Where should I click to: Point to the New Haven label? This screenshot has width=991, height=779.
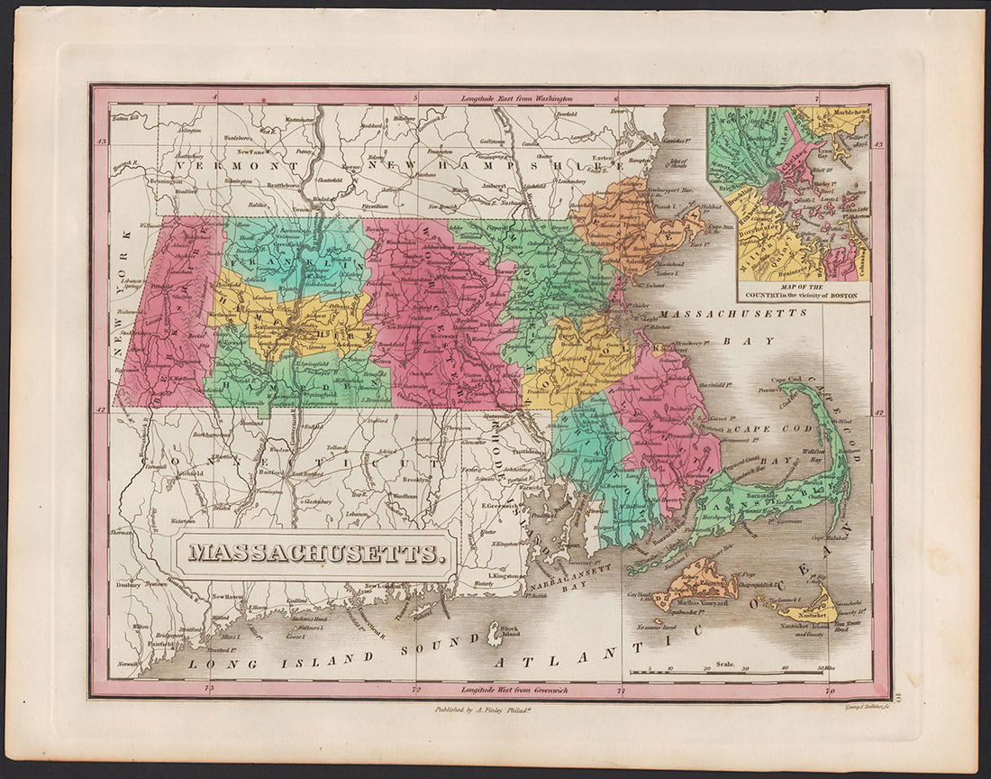tap(229, 597)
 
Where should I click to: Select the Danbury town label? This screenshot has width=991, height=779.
tap(127, 583)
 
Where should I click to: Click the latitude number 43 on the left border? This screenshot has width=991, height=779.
tap(102, 142)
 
